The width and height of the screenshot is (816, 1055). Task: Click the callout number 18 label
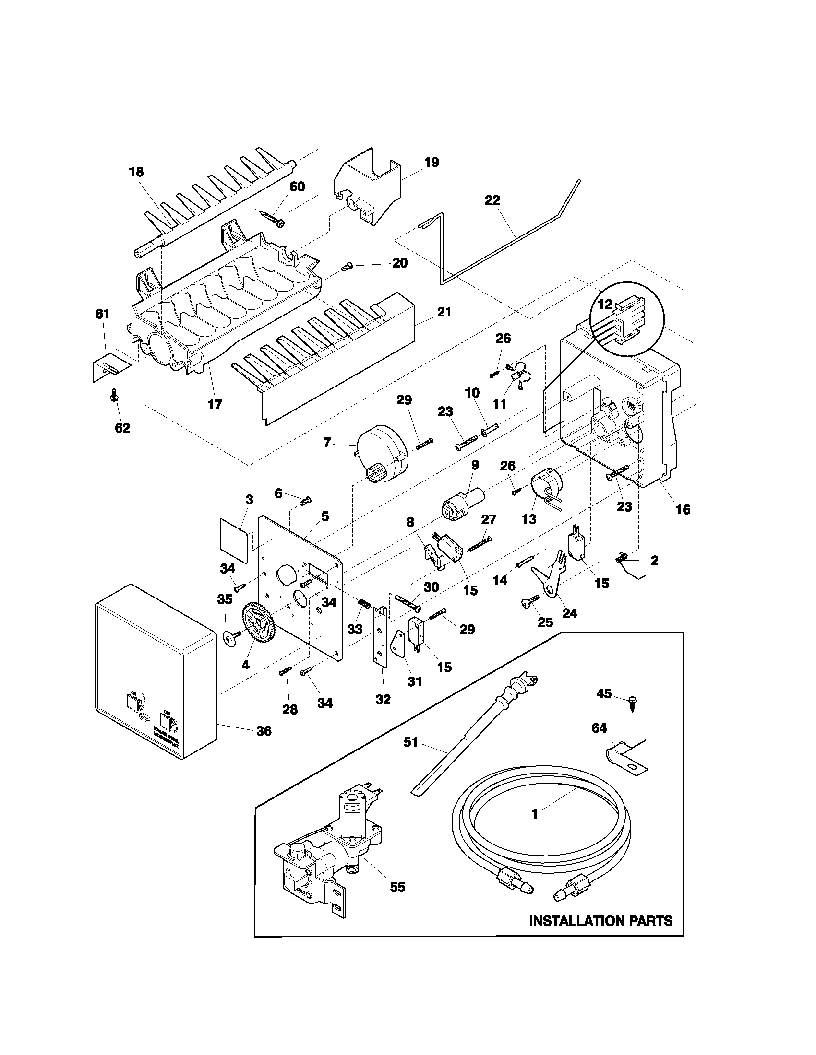point(136,172)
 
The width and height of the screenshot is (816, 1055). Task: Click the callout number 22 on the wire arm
point(492,200)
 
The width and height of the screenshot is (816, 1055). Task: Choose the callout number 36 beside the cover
point(264,731)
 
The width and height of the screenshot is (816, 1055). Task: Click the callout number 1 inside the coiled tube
point(534,814)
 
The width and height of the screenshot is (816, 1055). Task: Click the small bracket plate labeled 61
point(110,367)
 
